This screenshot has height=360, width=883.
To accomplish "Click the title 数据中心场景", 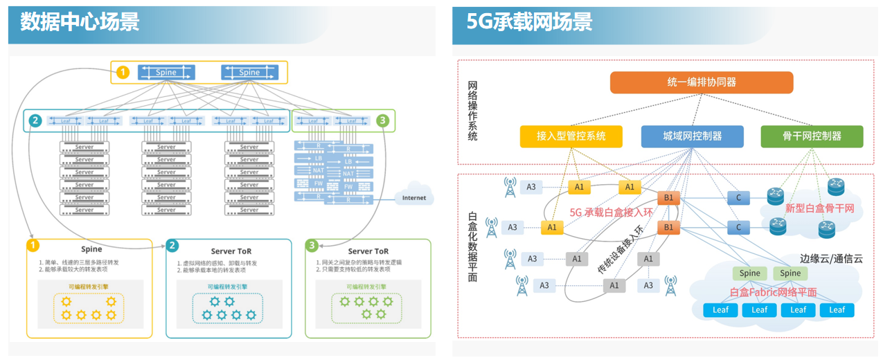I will point(80,21).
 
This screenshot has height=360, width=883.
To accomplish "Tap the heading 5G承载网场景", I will point(529,21).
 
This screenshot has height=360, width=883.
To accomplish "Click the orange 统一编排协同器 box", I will point(701,82).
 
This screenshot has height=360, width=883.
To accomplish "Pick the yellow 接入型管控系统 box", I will point(571,136).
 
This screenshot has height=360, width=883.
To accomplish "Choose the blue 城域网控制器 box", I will point(692,136).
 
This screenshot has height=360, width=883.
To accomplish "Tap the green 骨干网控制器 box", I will point(812,136).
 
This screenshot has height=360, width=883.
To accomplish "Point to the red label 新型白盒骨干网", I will point(819,208).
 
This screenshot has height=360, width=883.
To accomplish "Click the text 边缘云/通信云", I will point(831,258).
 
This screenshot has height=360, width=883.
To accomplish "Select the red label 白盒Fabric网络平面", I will point(773,292).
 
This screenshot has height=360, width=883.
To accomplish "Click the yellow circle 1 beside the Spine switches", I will point(123,72).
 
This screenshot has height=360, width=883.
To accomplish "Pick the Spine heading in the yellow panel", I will point(91,249).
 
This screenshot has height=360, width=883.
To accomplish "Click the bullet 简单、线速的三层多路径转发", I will point(81,263).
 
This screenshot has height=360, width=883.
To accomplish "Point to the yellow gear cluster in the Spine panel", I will point(89,308).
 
